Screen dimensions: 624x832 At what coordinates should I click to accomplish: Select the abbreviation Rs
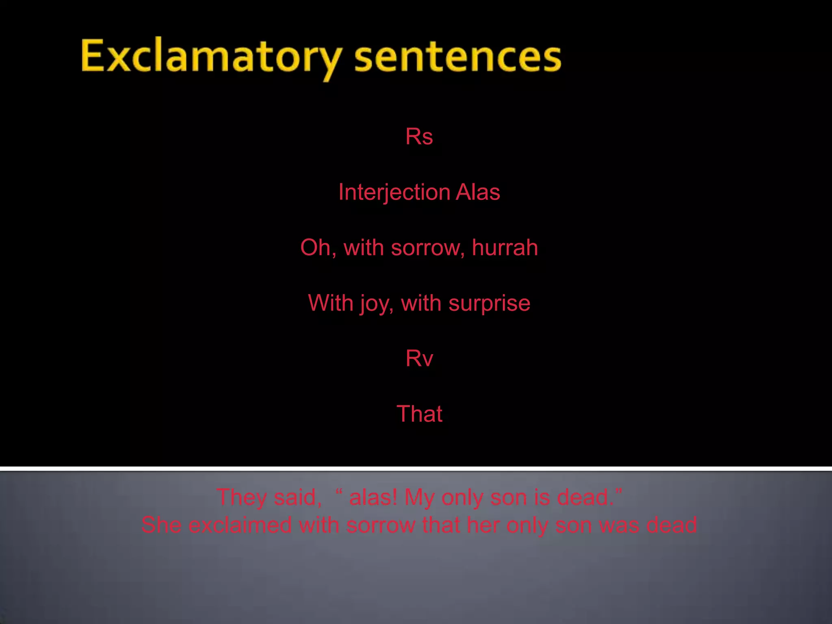click(x=419, y=136)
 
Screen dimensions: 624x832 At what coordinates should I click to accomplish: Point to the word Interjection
click(x=394, y=192)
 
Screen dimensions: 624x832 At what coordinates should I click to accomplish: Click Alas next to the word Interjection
click(x=478, y=192)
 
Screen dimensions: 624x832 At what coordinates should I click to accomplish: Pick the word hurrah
click(x=505, y=247)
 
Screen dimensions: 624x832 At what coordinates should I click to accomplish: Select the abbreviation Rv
click(x=419, y=358)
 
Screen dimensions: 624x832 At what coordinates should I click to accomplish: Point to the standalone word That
click(x=419, y=414)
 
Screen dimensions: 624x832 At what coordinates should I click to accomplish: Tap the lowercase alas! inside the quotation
click(x=373, y=497)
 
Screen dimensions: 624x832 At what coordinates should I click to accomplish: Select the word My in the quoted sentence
click(x=419, y=497)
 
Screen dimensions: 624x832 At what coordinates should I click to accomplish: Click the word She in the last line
click(x=161, y=525)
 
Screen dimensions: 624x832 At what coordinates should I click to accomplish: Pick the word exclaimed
click(x=240, y=525)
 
